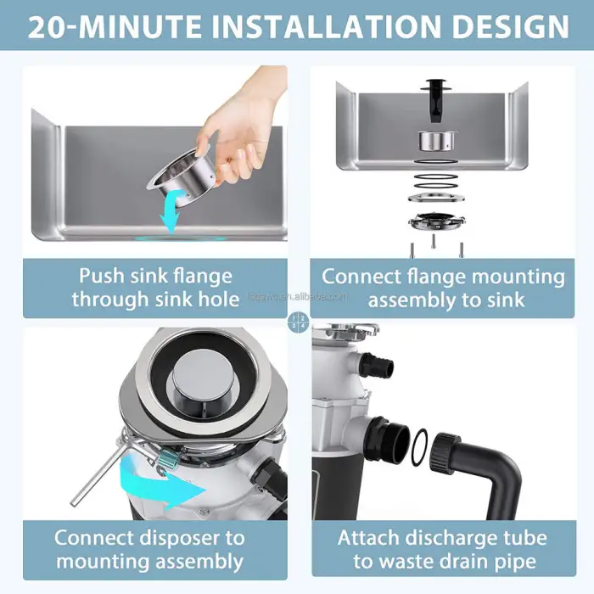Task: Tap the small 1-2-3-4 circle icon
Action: click(x=297, y=322)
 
